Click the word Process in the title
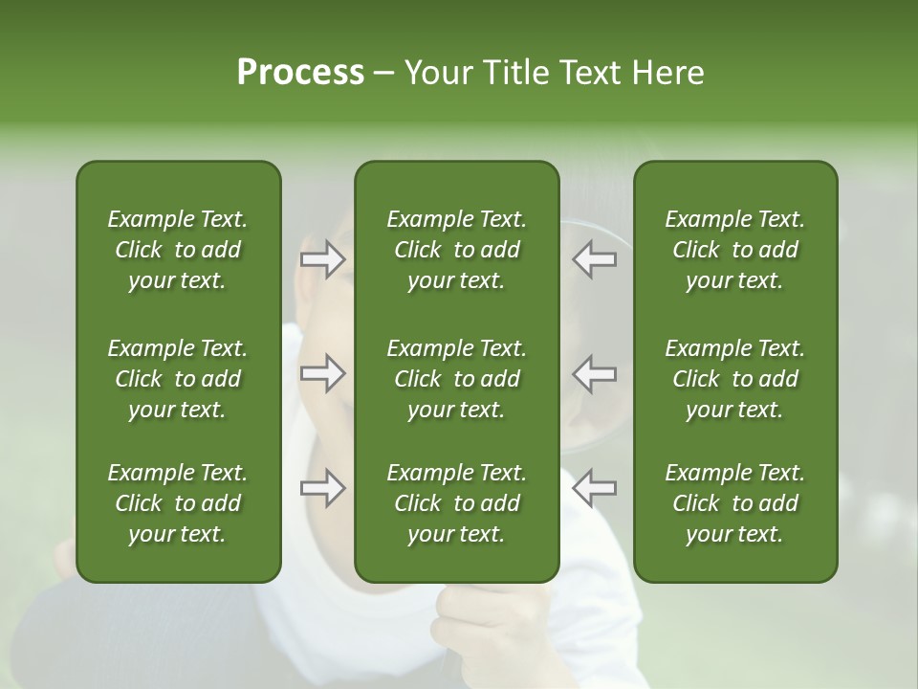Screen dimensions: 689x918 [x=300, y=73]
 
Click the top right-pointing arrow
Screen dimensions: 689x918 [x=323, y=259]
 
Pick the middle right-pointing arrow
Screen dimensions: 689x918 [x=323, y=373]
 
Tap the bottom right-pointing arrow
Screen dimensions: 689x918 [x=323, y=488]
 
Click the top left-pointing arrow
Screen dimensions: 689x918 [x=594, y=259]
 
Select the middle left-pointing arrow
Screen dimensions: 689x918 [x=594, y=373]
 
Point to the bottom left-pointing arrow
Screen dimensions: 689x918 [x=594, y=488]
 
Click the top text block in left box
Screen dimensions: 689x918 [x=178, y=250]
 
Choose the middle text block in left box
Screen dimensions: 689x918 [x=178, y=379]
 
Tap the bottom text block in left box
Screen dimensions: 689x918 [x=178, y=503]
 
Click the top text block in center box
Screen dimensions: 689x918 [x=457, y=250]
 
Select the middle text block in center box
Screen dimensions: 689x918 [x=457, y=379]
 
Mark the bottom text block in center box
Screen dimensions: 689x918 [x=457, y=503]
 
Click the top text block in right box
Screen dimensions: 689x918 [x=735, y=250]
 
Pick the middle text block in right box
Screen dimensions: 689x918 [x=735, y=379]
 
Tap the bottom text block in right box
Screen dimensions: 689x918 [x=735, y=503]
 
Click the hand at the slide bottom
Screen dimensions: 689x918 [x=488, y=632]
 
